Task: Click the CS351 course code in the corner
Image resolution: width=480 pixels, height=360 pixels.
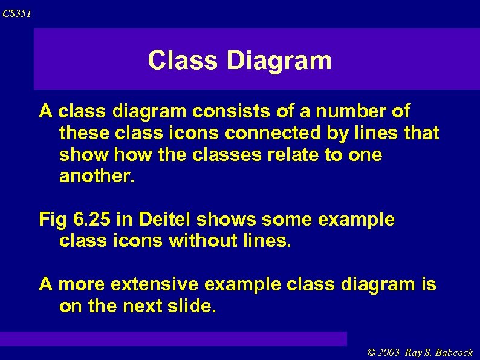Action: pyautogui.click(x=17, y=13)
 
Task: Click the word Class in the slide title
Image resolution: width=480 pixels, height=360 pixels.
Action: pyautogui.click(x=182, y=61)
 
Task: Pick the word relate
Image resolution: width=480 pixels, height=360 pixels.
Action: pyautogui.click(x=290, y=155)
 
